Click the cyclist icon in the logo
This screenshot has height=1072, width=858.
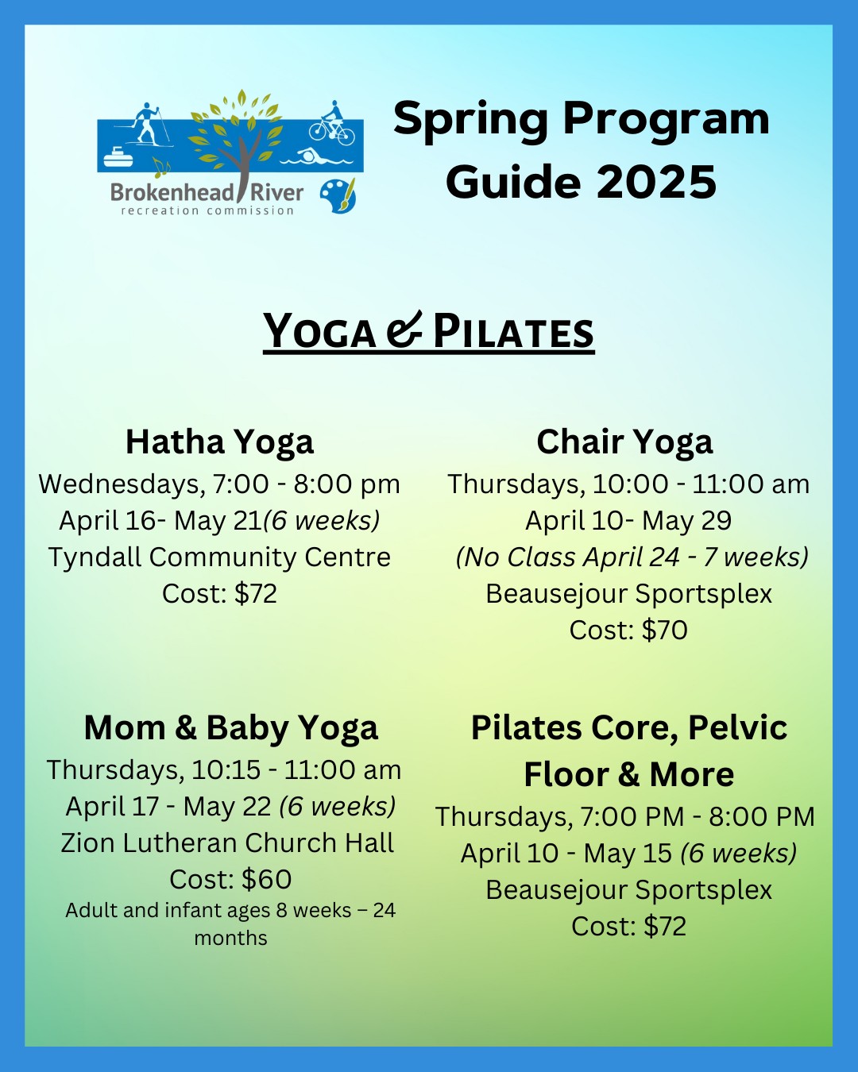[331, 124]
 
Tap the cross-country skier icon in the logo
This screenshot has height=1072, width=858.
[146, 125]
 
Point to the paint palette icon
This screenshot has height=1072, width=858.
[338, 196]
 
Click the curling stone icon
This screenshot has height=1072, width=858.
[118, 157]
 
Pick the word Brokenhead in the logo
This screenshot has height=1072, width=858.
[172, 193]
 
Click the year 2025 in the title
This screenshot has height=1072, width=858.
[656, 182]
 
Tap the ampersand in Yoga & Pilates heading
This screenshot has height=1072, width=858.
[404, 329]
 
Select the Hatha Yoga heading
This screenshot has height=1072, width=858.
[219, 442]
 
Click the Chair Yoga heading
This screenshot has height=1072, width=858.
[624, 442]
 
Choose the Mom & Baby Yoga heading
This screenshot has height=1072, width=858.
[231, 728]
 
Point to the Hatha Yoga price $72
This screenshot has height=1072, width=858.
[255, 593]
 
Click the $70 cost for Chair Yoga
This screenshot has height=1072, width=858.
[665, 630]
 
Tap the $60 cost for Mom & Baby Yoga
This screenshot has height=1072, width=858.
[267, 879]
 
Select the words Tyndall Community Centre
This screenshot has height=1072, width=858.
[219, 557]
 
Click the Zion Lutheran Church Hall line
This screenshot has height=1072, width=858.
[227, 843]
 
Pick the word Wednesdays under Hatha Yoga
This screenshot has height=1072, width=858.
[122, 484]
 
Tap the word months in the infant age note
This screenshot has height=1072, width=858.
[231, 938]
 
